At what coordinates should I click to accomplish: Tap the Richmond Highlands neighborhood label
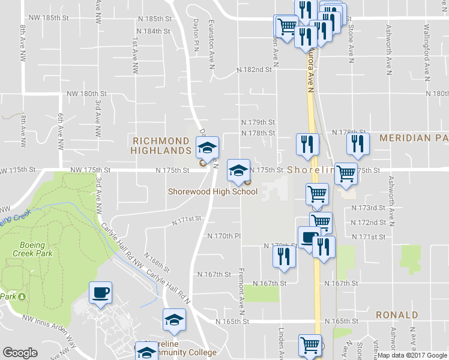[x=161, y=146]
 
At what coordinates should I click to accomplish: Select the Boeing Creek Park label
[x=32, y=248]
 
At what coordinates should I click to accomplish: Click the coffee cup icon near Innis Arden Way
[x=100, y=293]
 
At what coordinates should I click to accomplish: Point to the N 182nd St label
[x=254, y=70]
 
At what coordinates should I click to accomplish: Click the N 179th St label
[x=258, y=122]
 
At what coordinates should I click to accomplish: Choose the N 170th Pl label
[x=223, y=236]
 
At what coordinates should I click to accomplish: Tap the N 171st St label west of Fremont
[x=186, y=221]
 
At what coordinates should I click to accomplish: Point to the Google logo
[x=20, y=353]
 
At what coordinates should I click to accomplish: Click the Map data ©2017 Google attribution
[x=412, y=355]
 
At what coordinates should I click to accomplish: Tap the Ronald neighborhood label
[x=397, y=315]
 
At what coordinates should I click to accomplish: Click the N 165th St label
[x=232, y=322]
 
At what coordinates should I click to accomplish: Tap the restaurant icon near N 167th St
[x=283, y=256]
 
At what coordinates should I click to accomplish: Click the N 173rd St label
[x=367, y=208]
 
